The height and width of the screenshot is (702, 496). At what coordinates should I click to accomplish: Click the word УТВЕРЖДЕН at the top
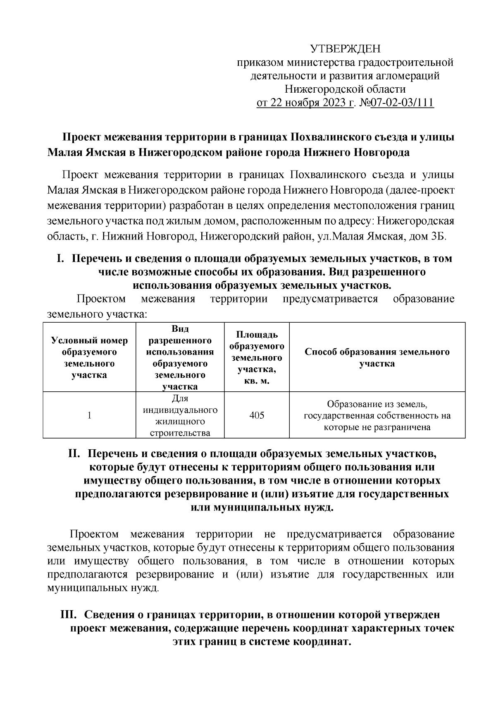click(345, 49)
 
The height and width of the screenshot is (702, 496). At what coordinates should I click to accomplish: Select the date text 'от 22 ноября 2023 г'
click(305, 102)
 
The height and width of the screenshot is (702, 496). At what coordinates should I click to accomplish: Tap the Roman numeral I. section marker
click(60, 259)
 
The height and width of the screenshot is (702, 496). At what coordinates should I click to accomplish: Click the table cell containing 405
click(257, 415)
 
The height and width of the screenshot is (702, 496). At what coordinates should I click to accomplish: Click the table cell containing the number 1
click(89, 415)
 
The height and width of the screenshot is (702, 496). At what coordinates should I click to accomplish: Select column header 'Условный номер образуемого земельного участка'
click(89, 357)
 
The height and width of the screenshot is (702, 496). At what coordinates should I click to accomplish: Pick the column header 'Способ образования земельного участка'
click(377, 357)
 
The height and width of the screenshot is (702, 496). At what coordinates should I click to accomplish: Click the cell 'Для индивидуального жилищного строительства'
click(180, 415)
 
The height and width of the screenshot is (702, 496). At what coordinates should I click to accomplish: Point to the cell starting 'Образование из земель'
click(377, 415)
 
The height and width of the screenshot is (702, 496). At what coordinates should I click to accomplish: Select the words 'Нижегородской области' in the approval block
click(345, 89)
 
